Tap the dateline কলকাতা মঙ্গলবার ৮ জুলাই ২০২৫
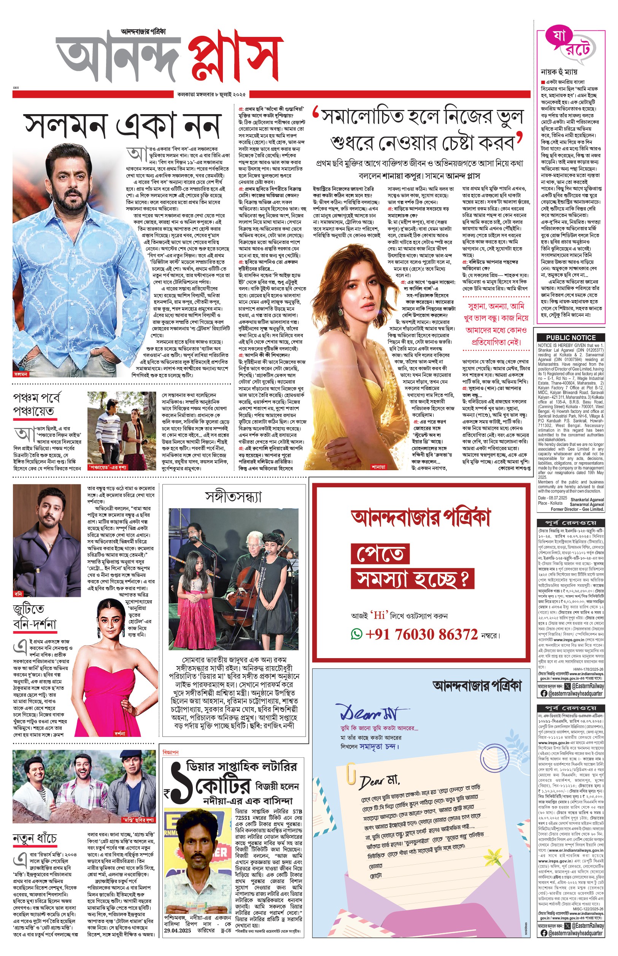(x=211, y=95)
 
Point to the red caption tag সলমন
(x=21, y=374)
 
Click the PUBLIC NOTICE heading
(x=570, y=337)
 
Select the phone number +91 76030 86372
(x=421, y=635)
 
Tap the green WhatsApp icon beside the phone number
(x=356, y=635)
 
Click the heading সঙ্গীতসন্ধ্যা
(x=234, y=497)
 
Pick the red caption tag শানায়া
(x=378, y=467)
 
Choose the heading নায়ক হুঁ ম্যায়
(x=559, y=72)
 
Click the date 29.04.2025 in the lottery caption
(x=177, y=930)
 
